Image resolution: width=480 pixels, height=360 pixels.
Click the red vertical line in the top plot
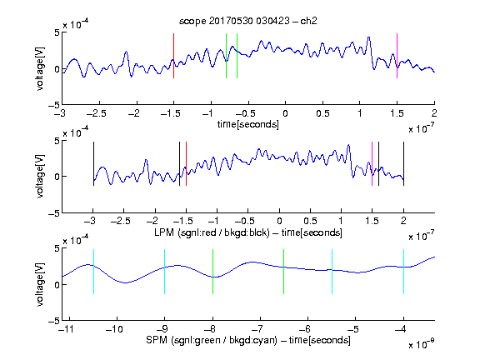coord(173,56)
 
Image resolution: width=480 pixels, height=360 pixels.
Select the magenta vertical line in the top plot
coord(397,56)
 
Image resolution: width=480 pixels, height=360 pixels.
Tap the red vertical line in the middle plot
coord(186,164)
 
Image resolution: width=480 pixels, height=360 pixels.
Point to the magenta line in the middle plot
coord(372,164)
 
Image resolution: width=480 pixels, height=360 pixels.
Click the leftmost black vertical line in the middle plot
coord(93,164)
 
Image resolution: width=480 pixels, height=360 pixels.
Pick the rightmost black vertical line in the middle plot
coord(403,164)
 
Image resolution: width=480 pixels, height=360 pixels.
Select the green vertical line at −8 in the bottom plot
coord(212,272)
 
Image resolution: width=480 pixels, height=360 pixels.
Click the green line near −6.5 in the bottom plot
coord(284,272)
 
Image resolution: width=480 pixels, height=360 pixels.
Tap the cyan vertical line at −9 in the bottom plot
coord(165,272)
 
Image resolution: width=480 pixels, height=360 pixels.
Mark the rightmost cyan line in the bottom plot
coord(403,272)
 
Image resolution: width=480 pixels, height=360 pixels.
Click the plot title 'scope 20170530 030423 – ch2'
coord(248,21)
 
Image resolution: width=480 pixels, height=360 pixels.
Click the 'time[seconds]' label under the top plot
coord(248,125)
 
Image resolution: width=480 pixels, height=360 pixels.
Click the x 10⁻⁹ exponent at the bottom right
coord(422,344)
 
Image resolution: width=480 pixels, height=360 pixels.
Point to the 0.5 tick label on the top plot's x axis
coord(322,113)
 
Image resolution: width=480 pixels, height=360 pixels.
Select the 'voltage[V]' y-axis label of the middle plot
coord(40,177)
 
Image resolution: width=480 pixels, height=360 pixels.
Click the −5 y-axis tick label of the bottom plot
coord(53,321)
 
